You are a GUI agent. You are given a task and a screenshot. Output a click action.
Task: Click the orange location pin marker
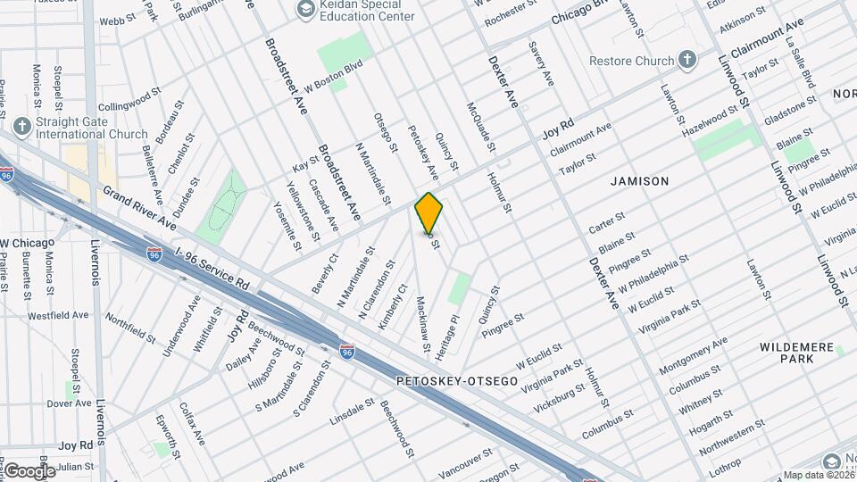click(x=429, y=213)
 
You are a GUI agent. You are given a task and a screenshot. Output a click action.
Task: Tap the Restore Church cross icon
click(x=686, y=61)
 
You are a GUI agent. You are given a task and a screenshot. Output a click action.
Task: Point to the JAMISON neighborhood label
click(x=639, y=181)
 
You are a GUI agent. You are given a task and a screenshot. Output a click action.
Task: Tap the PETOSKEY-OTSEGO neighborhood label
click(x=457, y=381)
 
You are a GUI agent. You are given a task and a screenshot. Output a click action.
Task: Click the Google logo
click(x=29, y=470)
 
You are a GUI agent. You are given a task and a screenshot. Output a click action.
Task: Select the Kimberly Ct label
click(x=392, y=307)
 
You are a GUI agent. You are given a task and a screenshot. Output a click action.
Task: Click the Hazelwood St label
click(x=711, y=120)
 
